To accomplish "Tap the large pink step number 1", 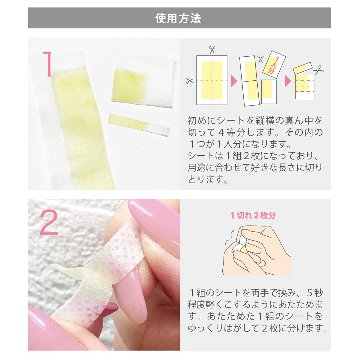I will pos(47,64).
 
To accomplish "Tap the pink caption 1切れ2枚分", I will pos(253,215).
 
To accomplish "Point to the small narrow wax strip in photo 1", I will pos(138,124).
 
